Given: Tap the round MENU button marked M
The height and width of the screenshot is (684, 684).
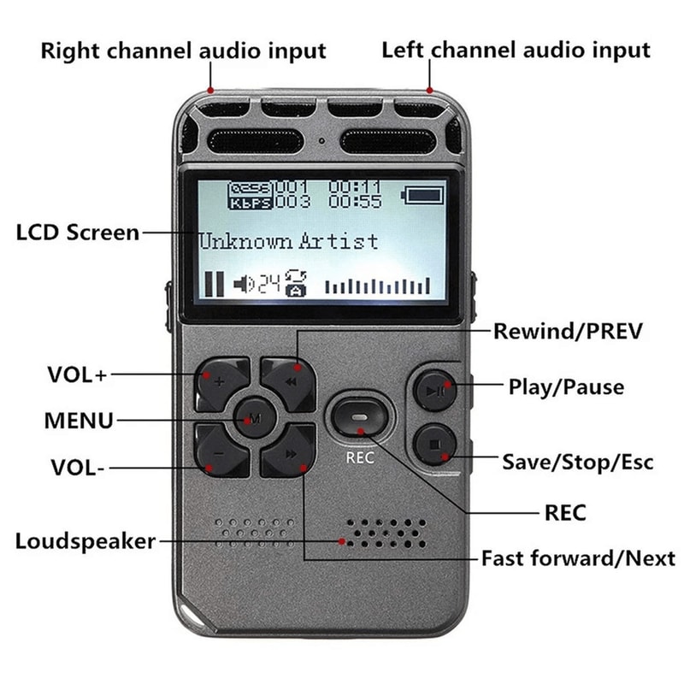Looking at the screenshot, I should [x=254, y=420].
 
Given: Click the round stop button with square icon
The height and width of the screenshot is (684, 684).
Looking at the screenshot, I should [x=436, y=446].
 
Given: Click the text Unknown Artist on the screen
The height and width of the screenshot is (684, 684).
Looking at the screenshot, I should [x=289, y=241].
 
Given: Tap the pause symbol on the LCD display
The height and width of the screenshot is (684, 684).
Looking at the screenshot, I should [x=213, y=284].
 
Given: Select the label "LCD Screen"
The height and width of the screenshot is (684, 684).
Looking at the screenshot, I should [x=77, y=232].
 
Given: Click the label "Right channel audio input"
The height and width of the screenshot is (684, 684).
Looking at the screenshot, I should [x=183, y=50].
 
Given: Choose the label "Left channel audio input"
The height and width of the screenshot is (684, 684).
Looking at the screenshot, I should [x=516, y=49].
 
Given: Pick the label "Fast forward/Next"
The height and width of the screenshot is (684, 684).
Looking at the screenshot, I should [x=578, y=559].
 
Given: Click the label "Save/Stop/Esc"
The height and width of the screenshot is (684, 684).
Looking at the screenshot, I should [x=577, y=463].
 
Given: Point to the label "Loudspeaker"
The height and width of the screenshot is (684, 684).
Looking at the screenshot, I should [x=85, y=541].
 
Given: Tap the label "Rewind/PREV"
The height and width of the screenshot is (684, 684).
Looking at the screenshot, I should [x=567, y=331].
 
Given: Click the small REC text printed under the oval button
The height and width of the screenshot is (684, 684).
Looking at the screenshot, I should [x=360, y=457].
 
